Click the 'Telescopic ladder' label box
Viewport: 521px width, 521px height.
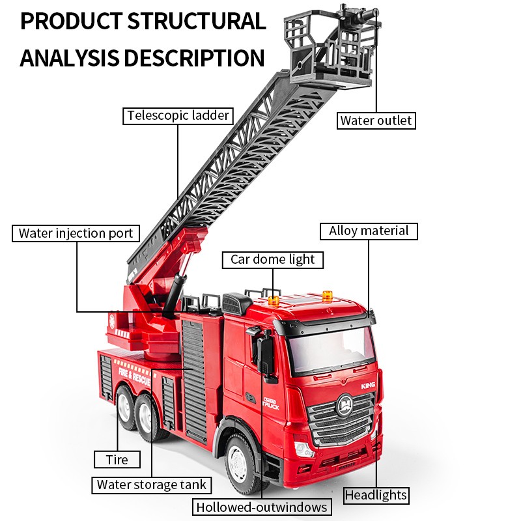pos(178,116)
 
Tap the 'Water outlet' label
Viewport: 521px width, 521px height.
pos(376,120)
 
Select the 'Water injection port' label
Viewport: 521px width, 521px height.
pos(76,233)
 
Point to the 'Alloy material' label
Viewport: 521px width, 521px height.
pos(369,231)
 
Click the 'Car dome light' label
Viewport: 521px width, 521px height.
pos(272,259)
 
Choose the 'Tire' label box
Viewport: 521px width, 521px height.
pos(117,459)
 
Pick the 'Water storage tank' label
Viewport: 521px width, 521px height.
pos(151,485)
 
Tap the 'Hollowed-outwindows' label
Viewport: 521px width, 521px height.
pos(262,507)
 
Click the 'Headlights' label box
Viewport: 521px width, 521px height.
pos(376,495)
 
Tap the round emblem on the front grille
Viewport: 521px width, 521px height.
pos(345,404)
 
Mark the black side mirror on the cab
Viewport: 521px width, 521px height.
pos(266,352)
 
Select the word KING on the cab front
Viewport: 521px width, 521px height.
pos(368,386)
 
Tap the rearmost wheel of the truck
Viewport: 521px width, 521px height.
pos(124,405)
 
